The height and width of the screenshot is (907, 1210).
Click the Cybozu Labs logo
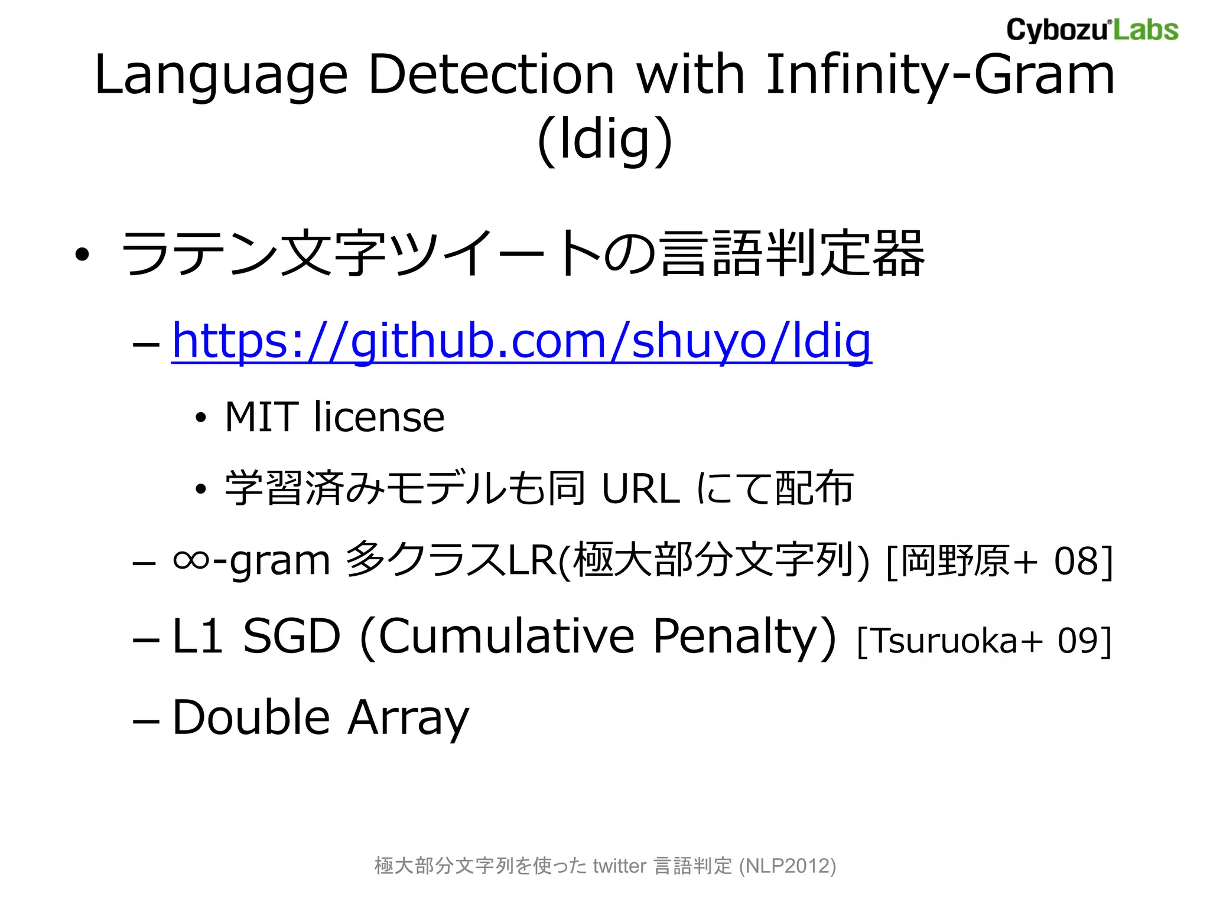coord(1092,31)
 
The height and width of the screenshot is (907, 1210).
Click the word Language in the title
coord(220,76)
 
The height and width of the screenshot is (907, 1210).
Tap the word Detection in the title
coord(492,76)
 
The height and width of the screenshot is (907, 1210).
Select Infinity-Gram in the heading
coord(940,76)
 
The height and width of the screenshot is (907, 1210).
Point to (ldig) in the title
coord(605,141)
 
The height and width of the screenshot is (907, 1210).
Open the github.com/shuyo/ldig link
coord(522,341)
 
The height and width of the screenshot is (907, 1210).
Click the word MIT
coord(261,417)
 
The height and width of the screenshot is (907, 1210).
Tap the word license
coord(379,417)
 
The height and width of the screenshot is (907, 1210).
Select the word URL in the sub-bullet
coord(640,489)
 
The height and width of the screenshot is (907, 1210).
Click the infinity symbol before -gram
coord(191,560)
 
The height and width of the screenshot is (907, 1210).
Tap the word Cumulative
coord(506,637)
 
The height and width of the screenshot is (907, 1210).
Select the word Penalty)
coord(744,637)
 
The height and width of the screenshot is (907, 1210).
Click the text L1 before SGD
coord(197,637)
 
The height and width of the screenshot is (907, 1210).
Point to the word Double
coord(251,717)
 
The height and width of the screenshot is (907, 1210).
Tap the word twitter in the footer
coord(619,866)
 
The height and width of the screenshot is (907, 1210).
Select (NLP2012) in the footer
coord(788,866)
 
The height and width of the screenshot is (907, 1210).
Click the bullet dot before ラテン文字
coord(82,255)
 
